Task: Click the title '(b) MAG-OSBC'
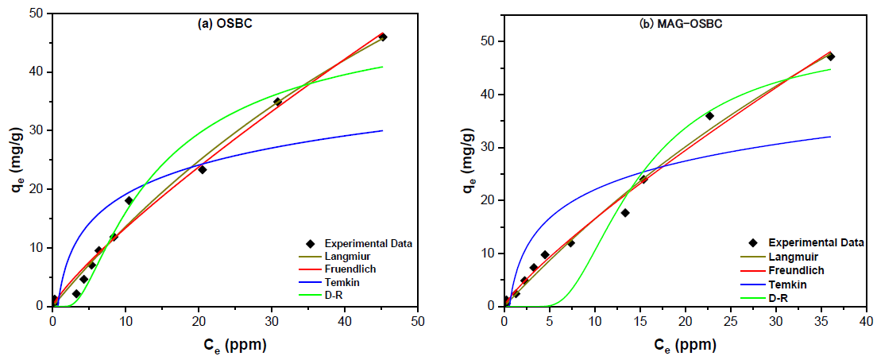pyautogui.click(x=681, y=24)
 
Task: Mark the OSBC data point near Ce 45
pyautogui.click(x=383, y=37)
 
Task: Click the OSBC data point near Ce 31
pyautogui.click(x=277, y=102)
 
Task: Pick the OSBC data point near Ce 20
pyautogui.click(x=203, y=169)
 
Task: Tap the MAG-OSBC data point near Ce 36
pyautogui.click(x=830, y=56)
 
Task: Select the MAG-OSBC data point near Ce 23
pyautogui.click(x=709, y=116)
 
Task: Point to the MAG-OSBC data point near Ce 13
pyautogui.click(x=625, y=212)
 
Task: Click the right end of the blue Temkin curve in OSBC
pyautogui.click(x=382, y=130)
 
